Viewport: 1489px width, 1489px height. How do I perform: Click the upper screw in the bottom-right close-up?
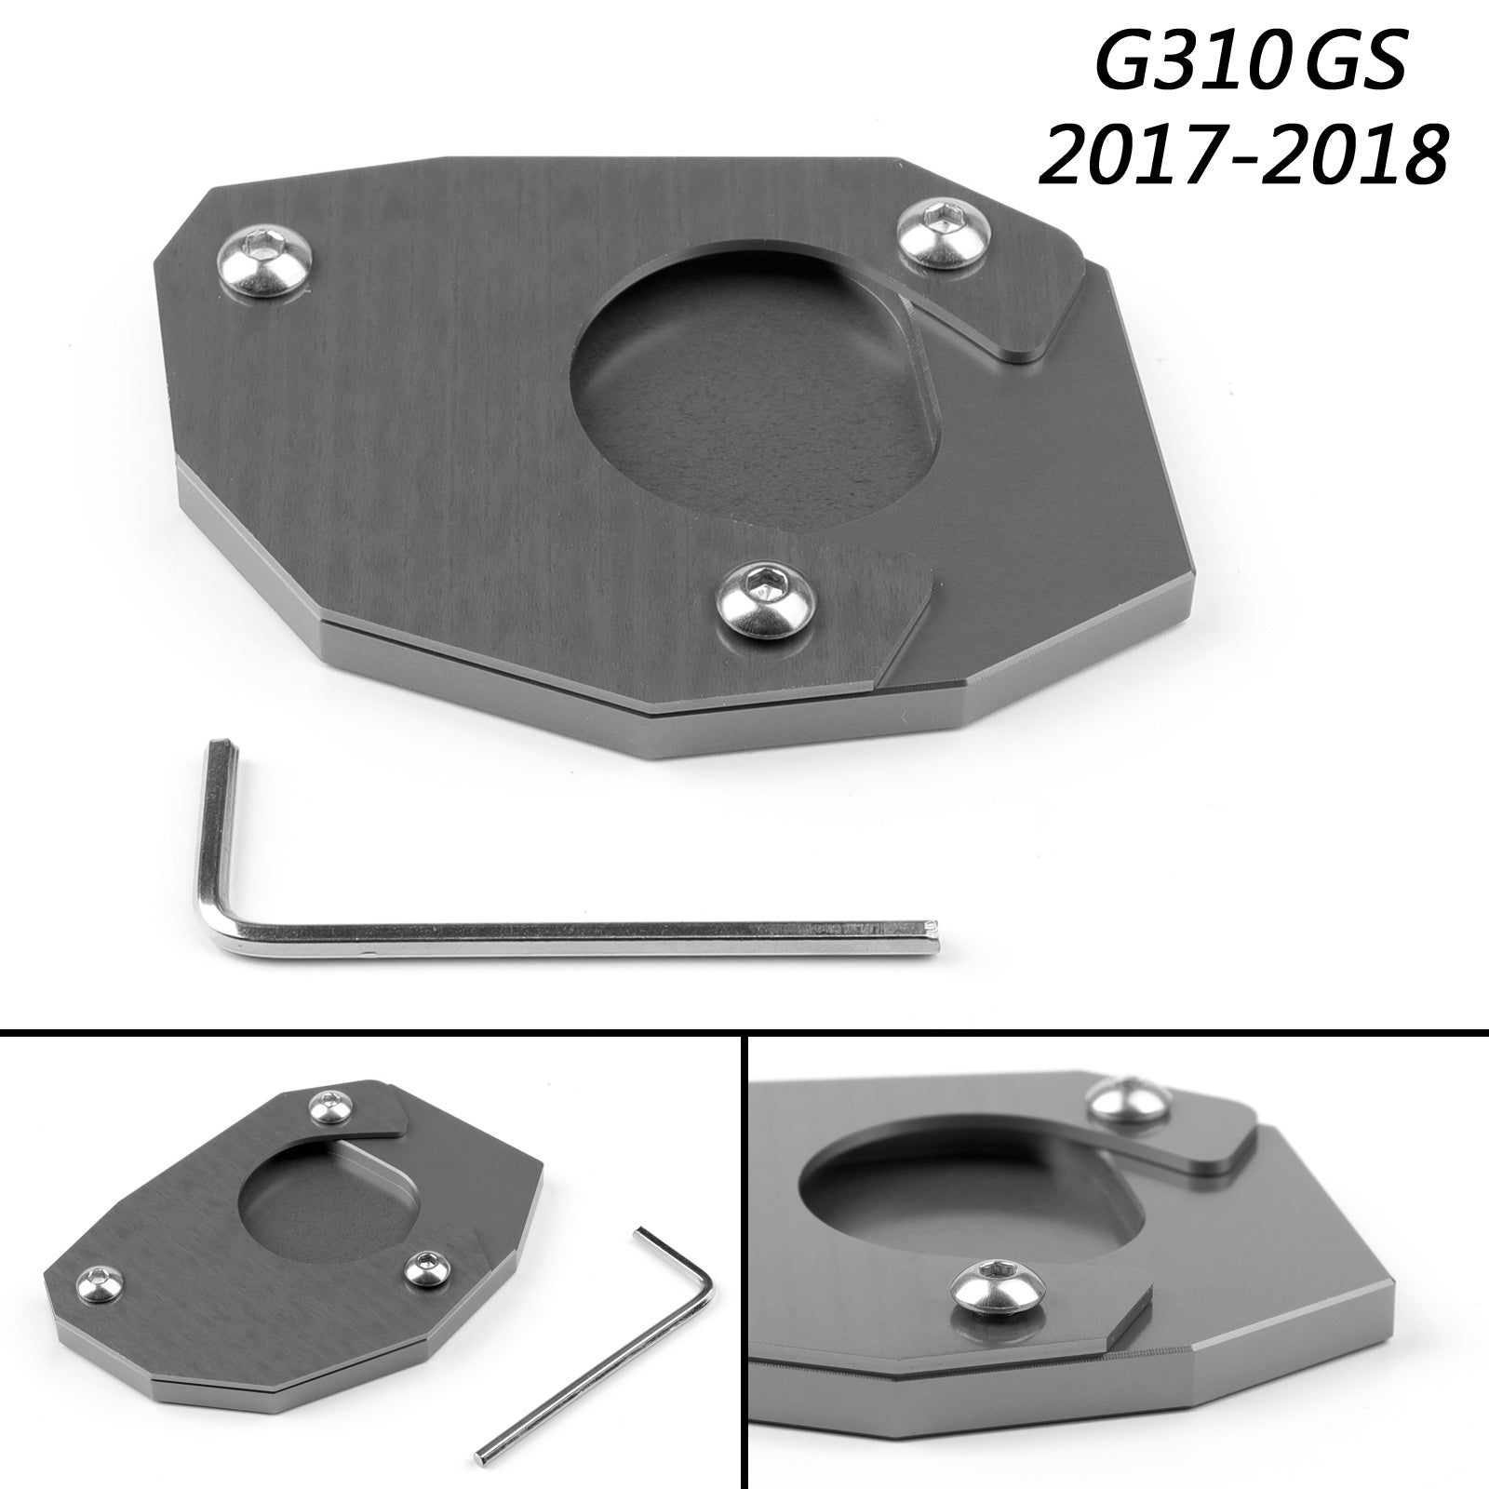coord(1127,1103)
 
